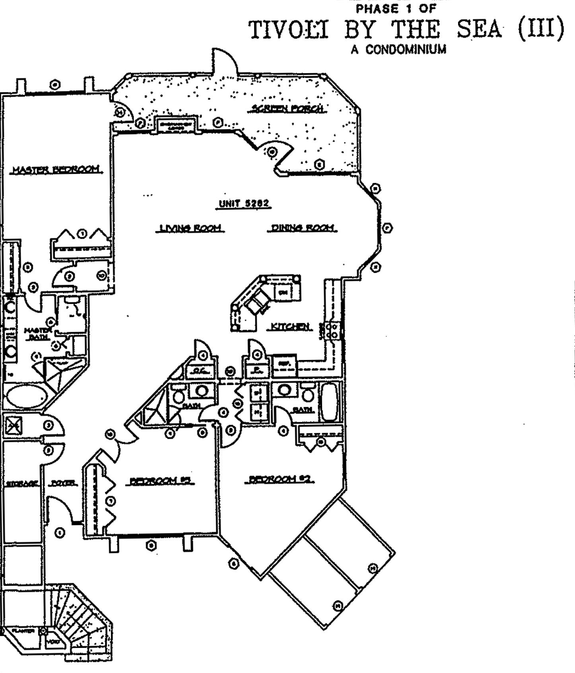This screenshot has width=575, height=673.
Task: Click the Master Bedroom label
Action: [x=56, y=170]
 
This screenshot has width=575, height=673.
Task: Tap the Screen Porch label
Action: [x=287, y=108]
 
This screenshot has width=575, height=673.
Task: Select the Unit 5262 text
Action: [x=244, y=204]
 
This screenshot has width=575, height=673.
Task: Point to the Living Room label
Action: [x=190, y=228]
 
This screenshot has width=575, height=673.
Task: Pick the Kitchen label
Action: [x=290, y=327]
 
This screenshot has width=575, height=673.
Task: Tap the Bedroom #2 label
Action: [x=279, y=479]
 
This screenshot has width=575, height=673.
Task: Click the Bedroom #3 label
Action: [x=161, y=481]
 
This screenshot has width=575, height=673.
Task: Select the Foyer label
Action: [x=63, y=483]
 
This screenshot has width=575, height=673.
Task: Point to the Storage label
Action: [x=22, y=484]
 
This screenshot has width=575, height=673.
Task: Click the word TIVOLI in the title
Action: [x=289, y=30]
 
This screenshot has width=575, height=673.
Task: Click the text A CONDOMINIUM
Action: [x=398, y=50]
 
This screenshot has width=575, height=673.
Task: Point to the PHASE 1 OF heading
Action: [x=396, y=8]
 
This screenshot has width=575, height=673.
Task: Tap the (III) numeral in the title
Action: [x=541, y=29]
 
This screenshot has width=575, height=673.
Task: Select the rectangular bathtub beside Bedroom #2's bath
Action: [x=329, y=402]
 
